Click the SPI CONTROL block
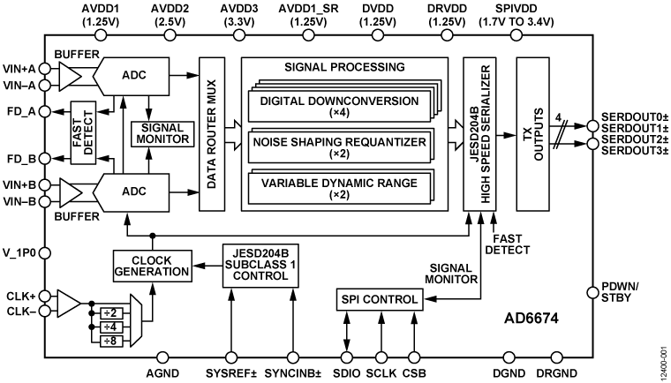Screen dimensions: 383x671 378,299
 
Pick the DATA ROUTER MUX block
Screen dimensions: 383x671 212,133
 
